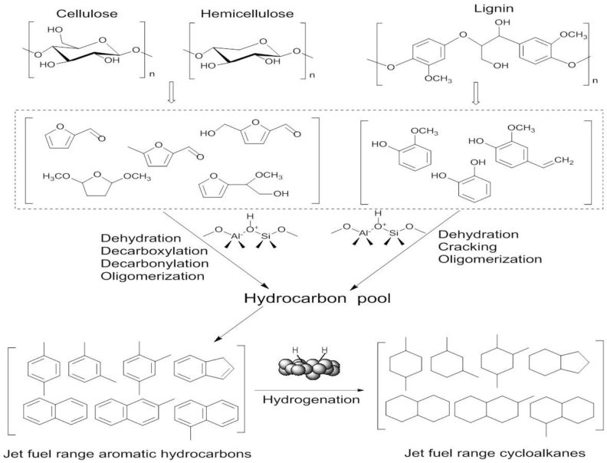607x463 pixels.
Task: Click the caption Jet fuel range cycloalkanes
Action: pyautogui.click(x=486, y=453)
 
